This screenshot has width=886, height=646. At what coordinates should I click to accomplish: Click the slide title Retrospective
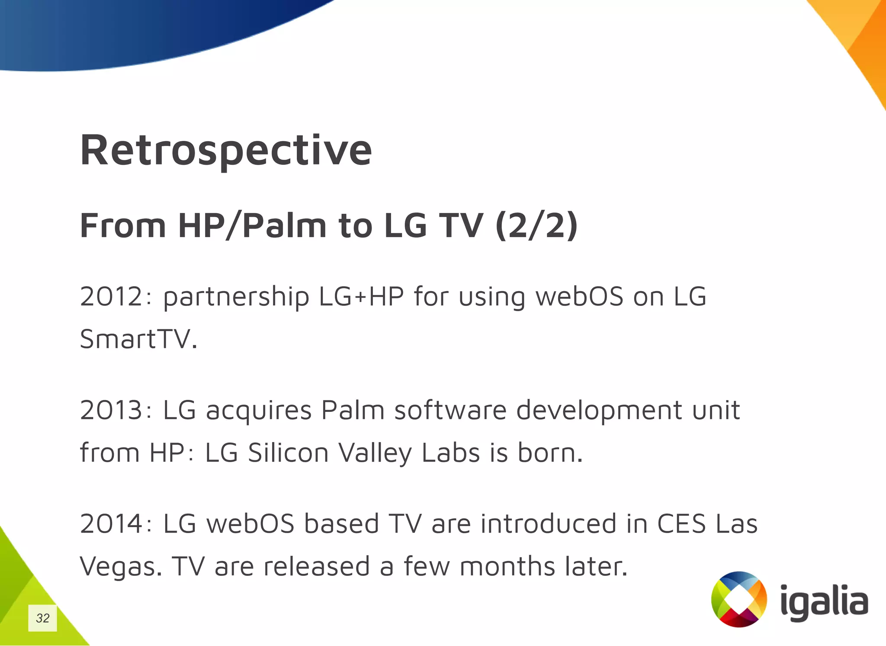pos(226,150)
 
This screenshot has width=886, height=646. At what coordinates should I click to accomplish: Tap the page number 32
pos(42,618)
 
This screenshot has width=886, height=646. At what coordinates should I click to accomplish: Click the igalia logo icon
pos(739,599)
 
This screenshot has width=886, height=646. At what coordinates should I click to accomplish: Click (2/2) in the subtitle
pos(536,226)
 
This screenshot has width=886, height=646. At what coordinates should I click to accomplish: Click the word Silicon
pos(288,453)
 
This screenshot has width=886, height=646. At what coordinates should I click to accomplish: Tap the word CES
pos(681,524)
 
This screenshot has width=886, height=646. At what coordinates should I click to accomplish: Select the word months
pos(507,566)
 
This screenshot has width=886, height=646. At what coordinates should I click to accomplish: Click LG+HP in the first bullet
pos(361,297)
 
